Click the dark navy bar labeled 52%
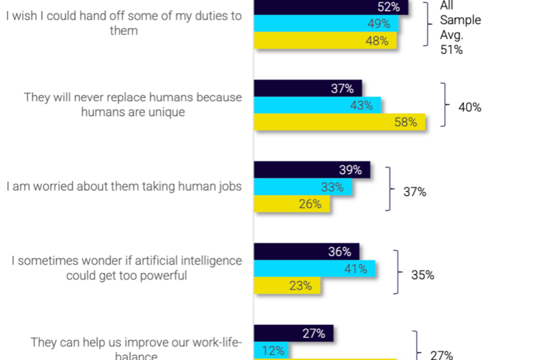coord(331,7)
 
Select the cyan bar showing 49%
coord(326,24)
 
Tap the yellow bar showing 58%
coord(339,122)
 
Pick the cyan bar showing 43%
coord(317,105)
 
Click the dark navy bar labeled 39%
coord(312,170)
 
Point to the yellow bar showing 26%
coord(292,204)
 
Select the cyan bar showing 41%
coord(315,269)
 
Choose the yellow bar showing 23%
coord(287,285)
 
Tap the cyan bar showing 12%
coord(271,350)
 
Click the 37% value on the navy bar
coord(342,89)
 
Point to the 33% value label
coord(332,187)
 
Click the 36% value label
coord(339,252)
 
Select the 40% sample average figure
coord(470,108)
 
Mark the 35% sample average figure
coord(423,275)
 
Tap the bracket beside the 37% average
coord(388,189)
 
